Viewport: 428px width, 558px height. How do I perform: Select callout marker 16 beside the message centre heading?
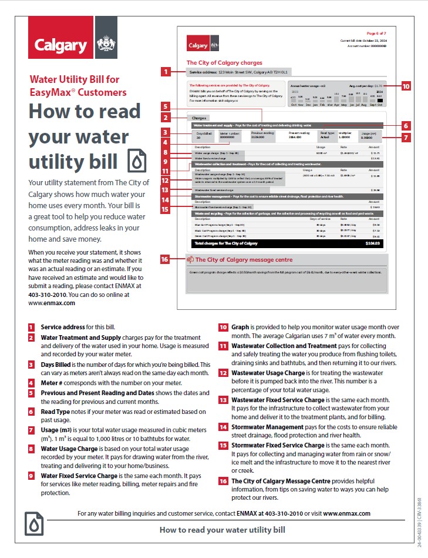click(165, 259)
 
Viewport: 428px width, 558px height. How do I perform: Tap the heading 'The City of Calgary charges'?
click(224, 62)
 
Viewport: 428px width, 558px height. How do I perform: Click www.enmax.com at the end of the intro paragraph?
click(52, 303)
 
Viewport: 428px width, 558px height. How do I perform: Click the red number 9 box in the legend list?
click(31, 476)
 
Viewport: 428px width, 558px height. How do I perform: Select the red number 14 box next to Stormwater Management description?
click(223, 427)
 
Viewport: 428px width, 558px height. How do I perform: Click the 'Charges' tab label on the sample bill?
click(200, 118)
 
